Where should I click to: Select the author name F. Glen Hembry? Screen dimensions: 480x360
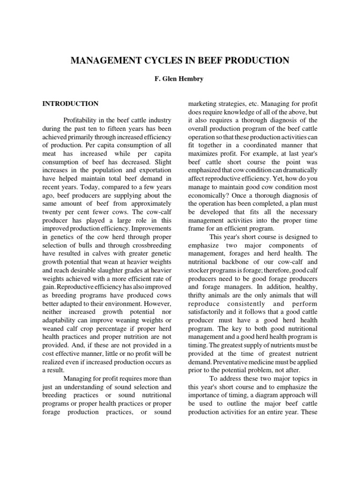coord(180,80)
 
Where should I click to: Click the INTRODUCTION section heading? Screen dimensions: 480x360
coord(70,104)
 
